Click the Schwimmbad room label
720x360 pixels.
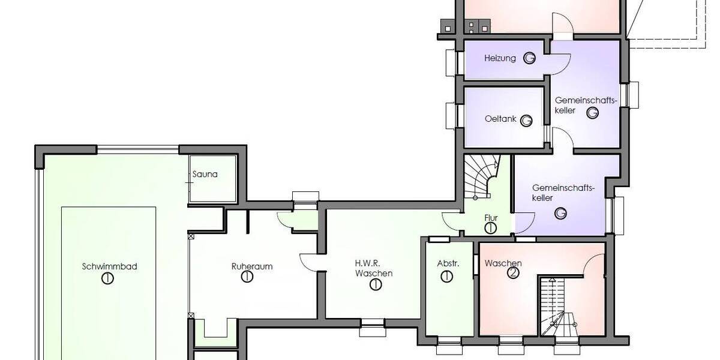(x=109, y=266)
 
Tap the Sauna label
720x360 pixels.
(x=205, y=175)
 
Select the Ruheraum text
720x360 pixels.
(x=247, y=266)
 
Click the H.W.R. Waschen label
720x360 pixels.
(x=374, y=268)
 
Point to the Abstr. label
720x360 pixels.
(x=448, y=263)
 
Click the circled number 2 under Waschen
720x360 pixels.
(x=512, y=274)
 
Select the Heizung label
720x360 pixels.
(x=500, y=58)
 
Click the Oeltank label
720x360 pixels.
(x=500, y=119)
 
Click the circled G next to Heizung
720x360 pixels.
(x=529, y=58)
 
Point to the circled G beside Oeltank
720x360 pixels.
(x=526, y=121)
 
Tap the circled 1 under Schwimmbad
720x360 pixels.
(x=108, y=278)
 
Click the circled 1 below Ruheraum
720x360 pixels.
(x=247, y=277)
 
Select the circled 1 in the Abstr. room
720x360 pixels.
(x=446, y=276)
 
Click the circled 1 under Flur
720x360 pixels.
(x=490, y=228)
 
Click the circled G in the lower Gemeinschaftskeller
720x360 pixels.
(x=561, y=213)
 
